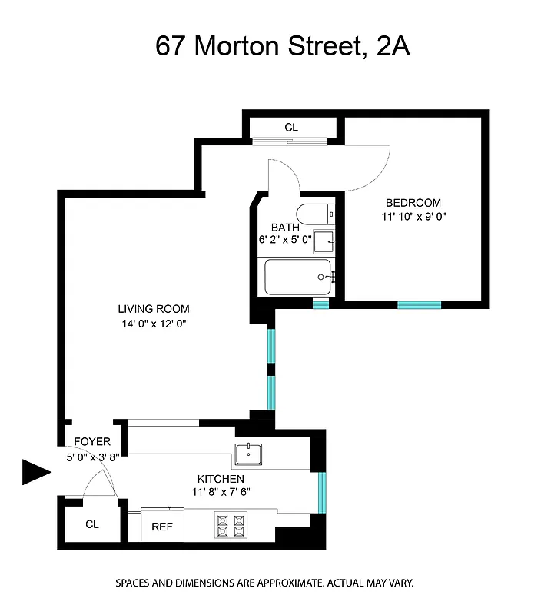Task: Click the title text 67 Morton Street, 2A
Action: click(283, 46)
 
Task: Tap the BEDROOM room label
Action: click(413, 203)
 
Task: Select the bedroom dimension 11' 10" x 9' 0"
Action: click(413, 217)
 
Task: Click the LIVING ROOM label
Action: click(153, 309)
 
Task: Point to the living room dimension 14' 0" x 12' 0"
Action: click(153, 324)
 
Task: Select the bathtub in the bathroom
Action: click(297, 277)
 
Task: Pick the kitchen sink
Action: click(249, 455)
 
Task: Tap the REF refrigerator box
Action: click(161, 527)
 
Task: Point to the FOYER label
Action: click(92, 442)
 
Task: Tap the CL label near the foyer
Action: click(92, 524)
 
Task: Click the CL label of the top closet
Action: click(291, 128)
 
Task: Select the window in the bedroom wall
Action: click(419, 305)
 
